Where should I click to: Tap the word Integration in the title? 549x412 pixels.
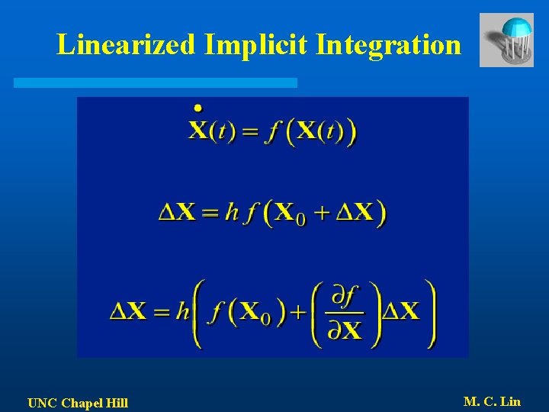pos(388,44)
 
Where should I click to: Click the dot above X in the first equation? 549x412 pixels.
pos(198,108)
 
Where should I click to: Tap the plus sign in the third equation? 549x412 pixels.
pos(297,311)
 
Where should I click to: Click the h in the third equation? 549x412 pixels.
pos(181,311)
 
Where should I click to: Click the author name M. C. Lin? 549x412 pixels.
pos(492,401)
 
